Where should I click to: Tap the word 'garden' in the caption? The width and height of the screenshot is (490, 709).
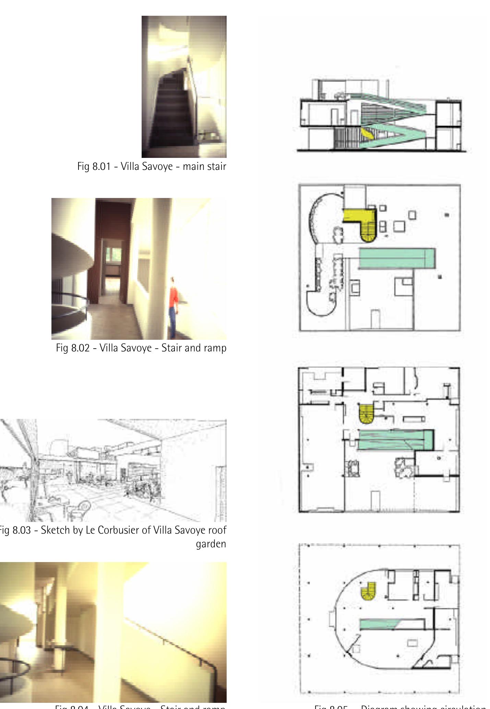(211, 544)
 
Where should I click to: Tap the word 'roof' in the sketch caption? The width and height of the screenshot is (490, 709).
(217, 530)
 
